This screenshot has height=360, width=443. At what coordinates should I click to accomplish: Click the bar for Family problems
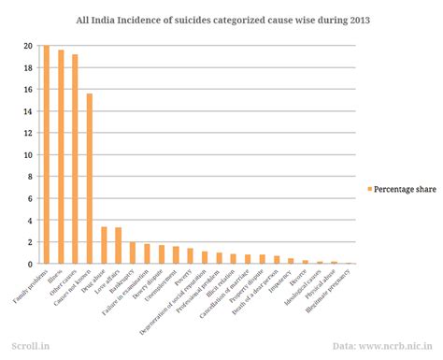tap(47, 154)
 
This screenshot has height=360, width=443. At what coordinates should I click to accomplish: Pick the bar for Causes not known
tap(90, 179)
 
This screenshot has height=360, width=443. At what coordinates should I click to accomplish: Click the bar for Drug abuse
tap(104, 245)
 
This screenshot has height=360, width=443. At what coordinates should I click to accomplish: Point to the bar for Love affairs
tap(118, 246)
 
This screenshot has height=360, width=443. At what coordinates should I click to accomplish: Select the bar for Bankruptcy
tap(133, 252)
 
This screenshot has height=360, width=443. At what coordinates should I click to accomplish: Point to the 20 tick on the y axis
tap(28, 46)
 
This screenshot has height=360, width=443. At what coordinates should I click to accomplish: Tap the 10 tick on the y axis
tap(28, 155)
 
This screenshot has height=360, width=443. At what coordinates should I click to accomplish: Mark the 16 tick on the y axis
tap(28, 90)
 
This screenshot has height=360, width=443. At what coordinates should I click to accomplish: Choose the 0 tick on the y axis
tap(30, 264)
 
